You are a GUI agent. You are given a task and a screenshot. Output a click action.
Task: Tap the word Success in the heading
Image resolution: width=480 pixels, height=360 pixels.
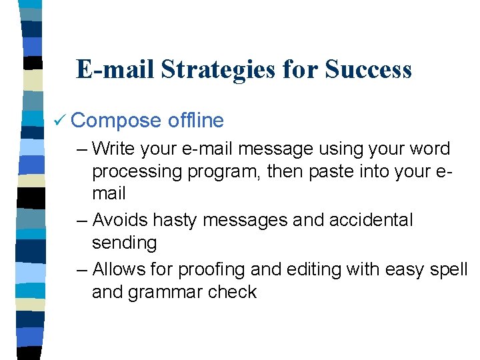369,69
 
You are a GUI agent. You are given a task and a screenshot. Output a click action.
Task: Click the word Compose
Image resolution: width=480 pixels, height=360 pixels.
115,121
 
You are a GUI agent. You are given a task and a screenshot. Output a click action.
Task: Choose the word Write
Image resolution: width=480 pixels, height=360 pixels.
116,149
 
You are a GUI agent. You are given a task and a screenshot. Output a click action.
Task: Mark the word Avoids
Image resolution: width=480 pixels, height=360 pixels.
120,220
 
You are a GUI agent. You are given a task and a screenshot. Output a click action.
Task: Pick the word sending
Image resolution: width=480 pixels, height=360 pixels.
125,243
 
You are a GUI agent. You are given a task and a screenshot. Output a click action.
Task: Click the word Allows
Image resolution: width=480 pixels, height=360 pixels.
119,269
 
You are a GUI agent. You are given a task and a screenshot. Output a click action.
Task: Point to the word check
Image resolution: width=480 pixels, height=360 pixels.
233,292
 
